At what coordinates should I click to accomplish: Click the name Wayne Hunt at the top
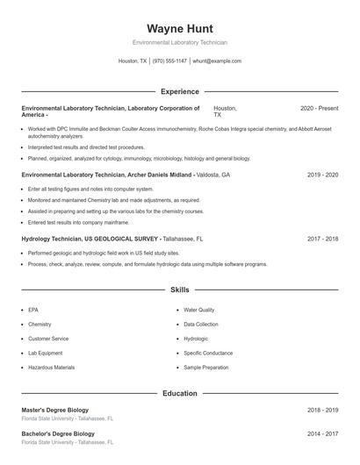tap(179, 28)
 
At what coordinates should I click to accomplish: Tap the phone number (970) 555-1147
tap(169, 61)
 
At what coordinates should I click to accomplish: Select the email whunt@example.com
tap(217, 61)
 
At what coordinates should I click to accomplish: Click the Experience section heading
tap(179, 91)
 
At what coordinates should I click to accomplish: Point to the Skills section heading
tap(179, 289)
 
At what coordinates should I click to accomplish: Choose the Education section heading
tap(179, 393)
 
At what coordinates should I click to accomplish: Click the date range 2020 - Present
tap(319, 108)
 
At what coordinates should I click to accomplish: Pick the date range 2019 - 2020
tap(322, 175)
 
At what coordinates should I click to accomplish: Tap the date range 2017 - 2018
tap(322, 239)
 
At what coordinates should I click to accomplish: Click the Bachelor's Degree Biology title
tap(58, 433)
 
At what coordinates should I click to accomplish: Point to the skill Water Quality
tap(198, 310)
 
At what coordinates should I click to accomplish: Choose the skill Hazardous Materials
tap(51, 367)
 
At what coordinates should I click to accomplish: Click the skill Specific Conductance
tap(208, 353)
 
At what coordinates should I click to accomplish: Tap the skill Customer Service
tap(48, 339)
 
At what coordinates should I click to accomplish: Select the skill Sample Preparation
tap(205, 367)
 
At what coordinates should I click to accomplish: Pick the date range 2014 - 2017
tap(322, 433)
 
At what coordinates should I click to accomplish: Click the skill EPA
tap(33, 310)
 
